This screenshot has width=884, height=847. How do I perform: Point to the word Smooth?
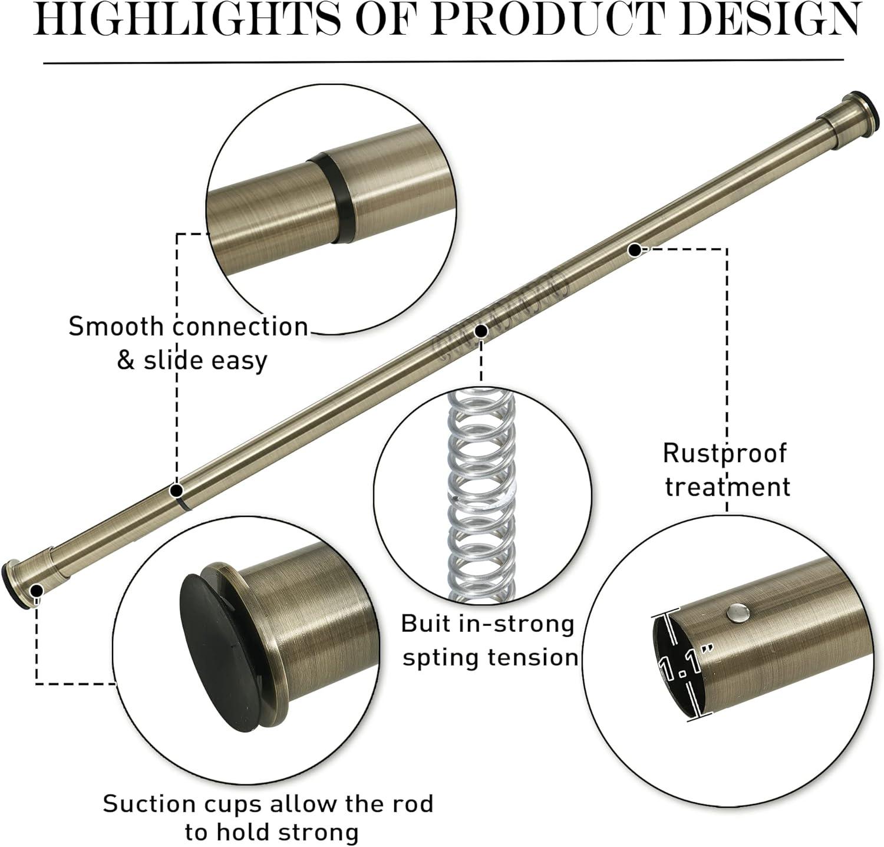click(x=114, y=327)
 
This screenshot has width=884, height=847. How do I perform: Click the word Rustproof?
click(x=724, y=453)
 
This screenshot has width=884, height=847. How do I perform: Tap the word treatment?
click(x=727, y=487)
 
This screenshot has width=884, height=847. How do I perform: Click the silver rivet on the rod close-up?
click(x=737, y=614)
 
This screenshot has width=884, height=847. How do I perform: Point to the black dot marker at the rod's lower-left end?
click(x=36, y=590)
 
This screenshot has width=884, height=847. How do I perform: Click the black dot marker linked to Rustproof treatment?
click(x=634, y=250)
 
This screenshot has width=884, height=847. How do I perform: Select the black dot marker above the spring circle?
click(x=481, y=331)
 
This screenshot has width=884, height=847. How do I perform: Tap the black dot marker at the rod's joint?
click(x=176, y=490)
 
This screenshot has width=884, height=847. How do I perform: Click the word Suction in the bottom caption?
click(x=144, y=804)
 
